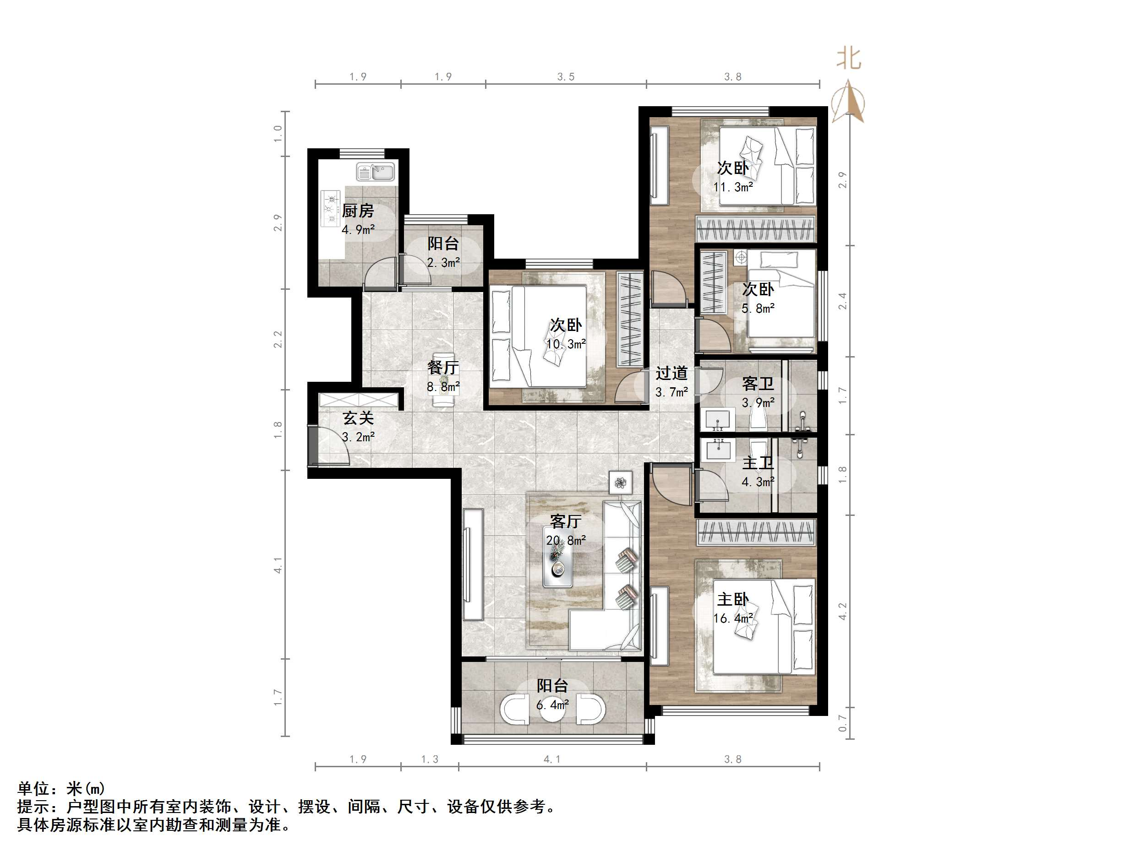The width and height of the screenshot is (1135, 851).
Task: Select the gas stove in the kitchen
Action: tap(330, 208)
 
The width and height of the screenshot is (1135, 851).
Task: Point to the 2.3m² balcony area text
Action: tap(443, 263)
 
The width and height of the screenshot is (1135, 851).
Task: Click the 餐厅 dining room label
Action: tap(443, 367)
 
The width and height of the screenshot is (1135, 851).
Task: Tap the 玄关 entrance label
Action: tap(358, 418)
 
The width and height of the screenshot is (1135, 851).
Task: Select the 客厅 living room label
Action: tap(566, 521)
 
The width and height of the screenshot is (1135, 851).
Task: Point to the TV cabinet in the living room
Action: tap(473, 564)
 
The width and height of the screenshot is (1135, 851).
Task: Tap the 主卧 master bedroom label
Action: tap(733, 599)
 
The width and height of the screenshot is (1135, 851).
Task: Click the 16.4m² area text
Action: tap(733, 618)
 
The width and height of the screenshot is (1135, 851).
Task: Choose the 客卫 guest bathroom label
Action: tap(758, 384)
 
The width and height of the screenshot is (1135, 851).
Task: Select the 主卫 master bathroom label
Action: tap(758, 463)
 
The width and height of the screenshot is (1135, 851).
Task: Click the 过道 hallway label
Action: tap(671, 373)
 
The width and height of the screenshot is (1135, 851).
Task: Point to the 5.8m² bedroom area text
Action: tap(758, 308)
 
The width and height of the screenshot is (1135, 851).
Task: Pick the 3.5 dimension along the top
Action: tap(566, 77)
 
